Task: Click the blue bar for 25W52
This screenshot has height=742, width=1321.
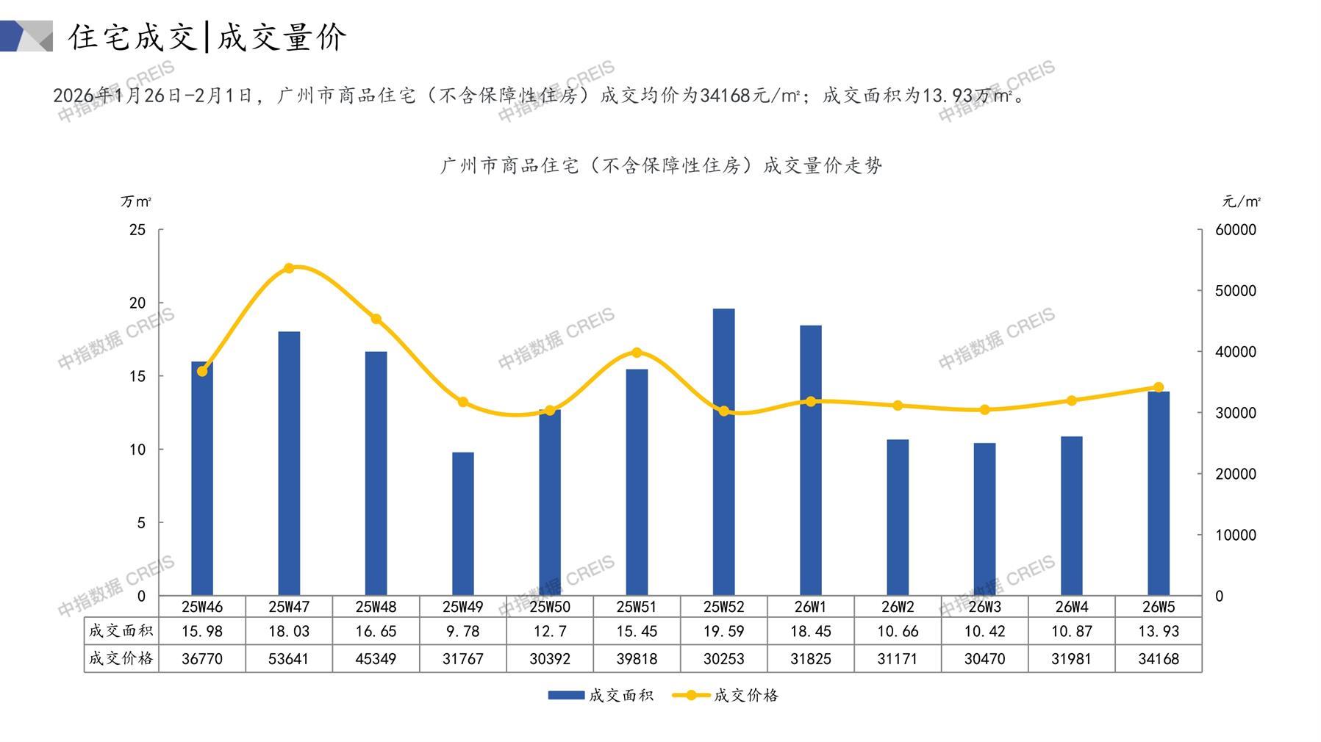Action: (723, 452)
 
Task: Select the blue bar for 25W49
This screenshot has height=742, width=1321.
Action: (462, 524)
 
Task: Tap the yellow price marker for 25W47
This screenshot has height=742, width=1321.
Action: (289, 268)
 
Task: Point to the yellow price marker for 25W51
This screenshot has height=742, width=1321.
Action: (637, 353)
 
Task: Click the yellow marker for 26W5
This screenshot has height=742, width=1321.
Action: (1159, 387)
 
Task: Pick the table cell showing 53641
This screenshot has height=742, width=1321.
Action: (288, 659)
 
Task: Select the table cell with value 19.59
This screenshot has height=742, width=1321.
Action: (723, 631)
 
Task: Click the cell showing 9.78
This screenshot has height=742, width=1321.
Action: (462, 631)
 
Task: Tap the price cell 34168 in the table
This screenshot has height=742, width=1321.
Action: (1159, 659)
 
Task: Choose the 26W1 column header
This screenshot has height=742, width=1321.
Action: (810, 607)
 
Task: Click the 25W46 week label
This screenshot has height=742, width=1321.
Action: (202, 607)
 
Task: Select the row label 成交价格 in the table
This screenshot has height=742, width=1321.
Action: (121, 658)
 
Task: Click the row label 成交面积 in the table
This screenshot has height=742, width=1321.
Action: (121, 630)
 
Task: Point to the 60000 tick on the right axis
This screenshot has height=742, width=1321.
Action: (1236, 230)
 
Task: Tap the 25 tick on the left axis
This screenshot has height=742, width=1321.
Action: (137, 230)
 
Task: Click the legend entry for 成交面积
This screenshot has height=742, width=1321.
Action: (601, 695)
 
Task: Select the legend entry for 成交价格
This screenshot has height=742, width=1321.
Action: (726, 695)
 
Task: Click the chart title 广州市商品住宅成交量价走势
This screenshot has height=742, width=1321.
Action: (661, 166)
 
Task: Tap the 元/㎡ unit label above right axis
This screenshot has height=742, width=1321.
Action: (1242, 201)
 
